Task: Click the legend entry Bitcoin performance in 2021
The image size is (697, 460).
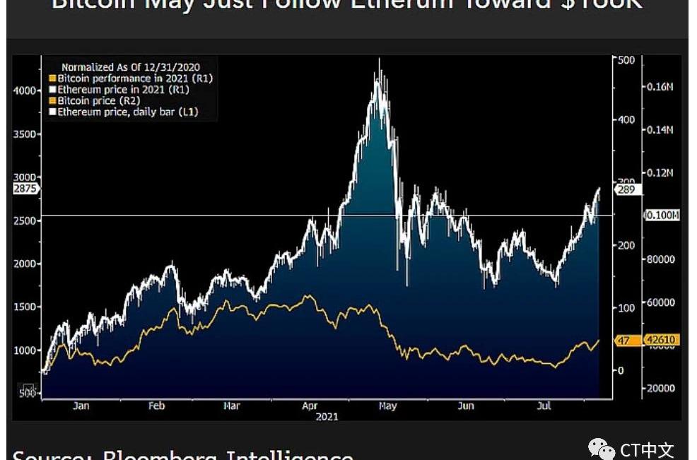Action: pyautogui.click(x=135, y=78)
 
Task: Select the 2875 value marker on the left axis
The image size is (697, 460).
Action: pyautogui.click(x=26, y=189)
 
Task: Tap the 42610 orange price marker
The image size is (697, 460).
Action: pyautogui.click(x=662, y=340)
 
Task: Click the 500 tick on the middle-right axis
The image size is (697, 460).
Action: pyautogui.click(x=626, y=61)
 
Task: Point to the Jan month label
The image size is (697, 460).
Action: pyautogui.click(x=81, y=406)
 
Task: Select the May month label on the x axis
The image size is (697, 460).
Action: pyautogui.click(x=387, y=406)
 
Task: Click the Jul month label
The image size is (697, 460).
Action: pyautogui.click(x=544, y=406)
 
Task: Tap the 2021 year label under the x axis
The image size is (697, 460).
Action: pyautogui.click(x=327, y=417)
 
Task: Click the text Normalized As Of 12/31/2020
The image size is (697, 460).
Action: pyautogui.click(x=130, y=67)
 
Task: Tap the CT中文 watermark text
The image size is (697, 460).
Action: pyautogui.click(x=647, y=450)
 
